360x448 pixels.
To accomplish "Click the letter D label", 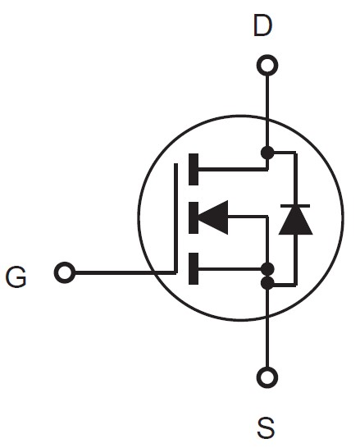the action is point(262,26).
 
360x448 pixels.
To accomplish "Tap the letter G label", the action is point(16,277).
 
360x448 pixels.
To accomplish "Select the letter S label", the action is point(266,428).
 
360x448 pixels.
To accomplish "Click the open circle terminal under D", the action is point(267,65).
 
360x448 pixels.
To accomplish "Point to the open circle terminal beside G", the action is point(65,272).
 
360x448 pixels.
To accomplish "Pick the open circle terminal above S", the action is point(267,377).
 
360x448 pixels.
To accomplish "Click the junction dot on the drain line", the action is point(267,153).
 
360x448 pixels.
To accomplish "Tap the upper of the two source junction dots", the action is point(268,269).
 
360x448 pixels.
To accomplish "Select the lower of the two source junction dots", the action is point(267,283).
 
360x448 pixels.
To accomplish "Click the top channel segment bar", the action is point(194,169).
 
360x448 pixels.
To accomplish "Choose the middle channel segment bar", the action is point(194,217).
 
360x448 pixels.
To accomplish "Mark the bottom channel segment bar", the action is point(194,268).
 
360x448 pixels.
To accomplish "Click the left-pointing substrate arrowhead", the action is point(213,217).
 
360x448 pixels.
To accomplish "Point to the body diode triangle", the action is point(295,221).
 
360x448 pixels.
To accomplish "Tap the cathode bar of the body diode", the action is point(295,206).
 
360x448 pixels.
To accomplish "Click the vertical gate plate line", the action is point(175,218).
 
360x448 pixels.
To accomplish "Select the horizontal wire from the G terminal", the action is point(125,273).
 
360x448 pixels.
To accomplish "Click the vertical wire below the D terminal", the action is point(267,111).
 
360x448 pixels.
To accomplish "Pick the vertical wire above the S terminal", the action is point(267,328).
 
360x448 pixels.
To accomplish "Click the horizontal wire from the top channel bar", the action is point(233,169).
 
